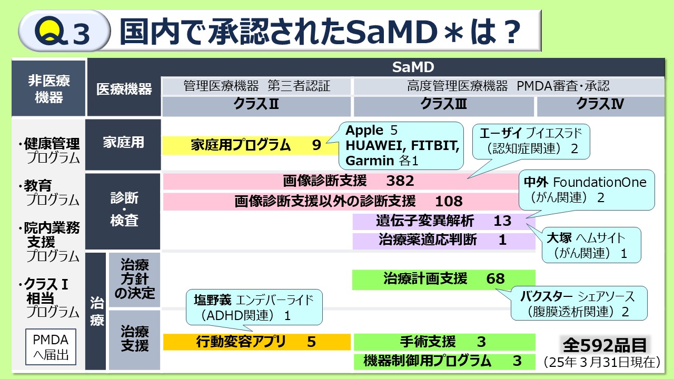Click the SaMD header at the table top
pos(413,67)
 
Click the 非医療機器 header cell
pos(49,89)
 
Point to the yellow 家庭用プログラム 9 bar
pos(247,145)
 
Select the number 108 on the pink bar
pos(449,201)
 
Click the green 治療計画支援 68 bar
pos(443,279)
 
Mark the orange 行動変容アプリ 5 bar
pos(256,342)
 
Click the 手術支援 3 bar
pos(443,342)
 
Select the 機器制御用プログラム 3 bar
pos(443,361)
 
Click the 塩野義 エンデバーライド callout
pos(253,307)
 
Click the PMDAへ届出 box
pos(51,347)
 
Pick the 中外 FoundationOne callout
pos(587,189)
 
